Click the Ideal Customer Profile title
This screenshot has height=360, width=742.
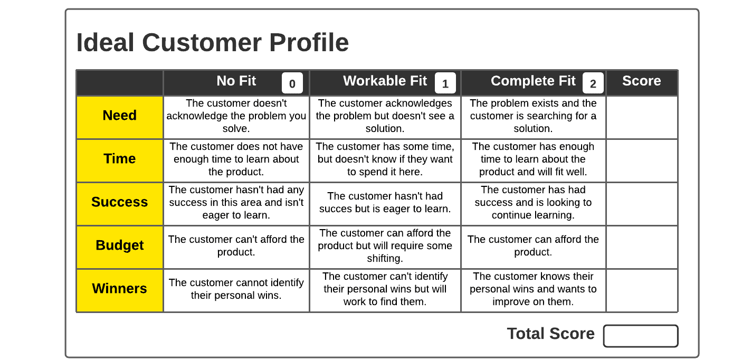pyautogui.click(x=212, y=43)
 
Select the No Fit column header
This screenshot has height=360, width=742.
pyautogui.click(x=236, y=81)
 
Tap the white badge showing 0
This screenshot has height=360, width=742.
pyautogui.click(x=292, y=83)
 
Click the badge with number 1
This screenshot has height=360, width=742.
pyautogui.click(x=445, y=83)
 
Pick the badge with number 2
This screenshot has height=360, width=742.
pyautogui.click(x=593, y=83)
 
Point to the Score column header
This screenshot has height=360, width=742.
pyautogui.click(x=641, y=81)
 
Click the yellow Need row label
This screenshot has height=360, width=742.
pyautogui.click(x=120, y=116)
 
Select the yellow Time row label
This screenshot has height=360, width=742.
pyautogui.click(x=120, y=159)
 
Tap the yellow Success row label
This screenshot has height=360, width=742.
pyautogui.click(x=120, y=203)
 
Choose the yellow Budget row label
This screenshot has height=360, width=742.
pyautogui.click(x=120, y=246)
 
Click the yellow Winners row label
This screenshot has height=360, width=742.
pyautogui.click(x=120, y=289)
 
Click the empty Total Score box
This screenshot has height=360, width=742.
pyautogui.click(x=640, y=336)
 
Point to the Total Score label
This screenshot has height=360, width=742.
pyautogui.click(x=550, y=334)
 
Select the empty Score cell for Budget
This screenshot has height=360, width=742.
pyautogui.click(x=642, y=247)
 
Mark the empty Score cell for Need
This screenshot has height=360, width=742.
pyautogui.click(x=642, y=117)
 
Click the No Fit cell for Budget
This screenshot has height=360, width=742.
pyautogui.click(x=236, y=246)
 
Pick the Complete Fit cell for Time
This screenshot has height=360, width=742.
pyautogui.click(x=533, y=159)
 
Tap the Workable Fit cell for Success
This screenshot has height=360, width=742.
pyautogui.click(x=385, y=203)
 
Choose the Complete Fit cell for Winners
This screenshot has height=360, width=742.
pyautogui.click(x=533, y=289)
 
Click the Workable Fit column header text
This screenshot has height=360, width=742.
pyautogui.click(x=385, y=81)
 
